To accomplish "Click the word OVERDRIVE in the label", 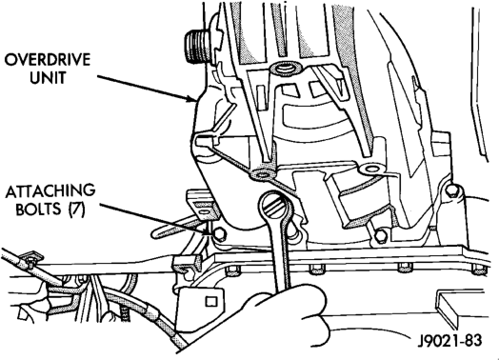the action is (x=48, y=59).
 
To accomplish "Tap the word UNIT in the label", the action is (x=48, y=77).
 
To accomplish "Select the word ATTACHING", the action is (x=50, y=191).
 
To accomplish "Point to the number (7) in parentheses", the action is (x=76, y=210).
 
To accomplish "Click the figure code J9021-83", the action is (x=449, y=340).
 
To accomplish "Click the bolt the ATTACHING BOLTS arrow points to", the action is (x=218, y=235).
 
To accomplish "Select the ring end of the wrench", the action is (x=275, y=207).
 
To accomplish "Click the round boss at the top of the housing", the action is (x=284, y=69).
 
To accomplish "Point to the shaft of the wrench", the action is (x=281, y=254).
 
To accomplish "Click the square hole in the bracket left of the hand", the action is (x=210, y=301).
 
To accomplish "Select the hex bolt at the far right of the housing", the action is (x=452, y=190).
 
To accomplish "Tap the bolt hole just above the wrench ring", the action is (x=262, y=174).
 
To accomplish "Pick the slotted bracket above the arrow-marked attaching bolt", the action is (x=203, y=205).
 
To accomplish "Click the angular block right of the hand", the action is (x=458, y=308).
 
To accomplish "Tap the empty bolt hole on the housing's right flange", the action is (x=371, y=169).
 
